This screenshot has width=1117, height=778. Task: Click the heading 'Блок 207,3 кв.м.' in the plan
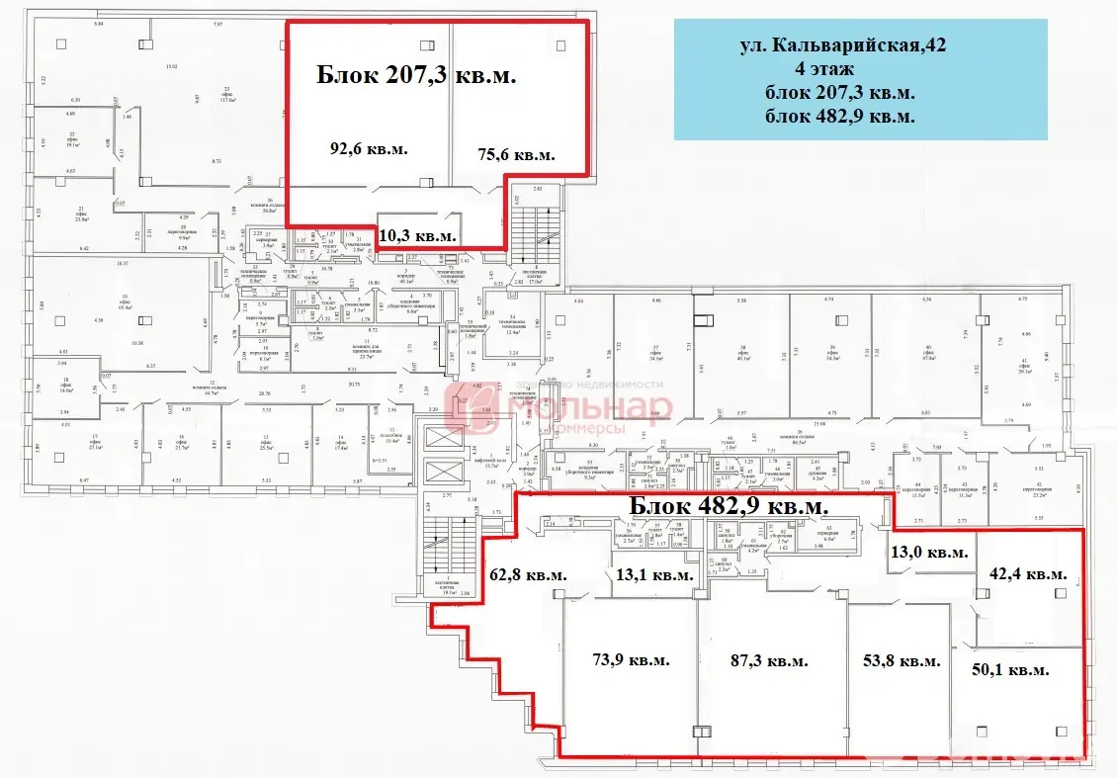[416, 75]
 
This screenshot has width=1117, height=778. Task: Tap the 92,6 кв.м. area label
[369, 148]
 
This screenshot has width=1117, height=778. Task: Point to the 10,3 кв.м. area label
[418, 235]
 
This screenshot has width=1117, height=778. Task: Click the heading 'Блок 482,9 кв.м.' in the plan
[729, 506]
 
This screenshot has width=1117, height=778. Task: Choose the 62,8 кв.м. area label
[529, 574]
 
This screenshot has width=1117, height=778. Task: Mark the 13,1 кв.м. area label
[653, 575]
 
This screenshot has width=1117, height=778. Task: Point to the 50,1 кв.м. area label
[1011, 669]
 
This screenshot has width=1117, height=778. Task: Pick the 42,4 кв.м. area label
[1028, 573]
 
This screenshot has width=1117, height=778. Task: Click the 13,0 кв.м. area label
[929, 553]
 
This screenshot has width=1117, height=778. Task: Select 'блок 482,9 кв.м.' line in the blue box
[839, 117]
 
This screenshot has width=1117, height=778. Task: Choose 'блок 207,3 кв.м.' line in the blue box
[839, 93]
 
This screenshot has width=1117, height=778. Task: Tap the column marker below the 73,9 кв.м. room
[702, 732]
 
